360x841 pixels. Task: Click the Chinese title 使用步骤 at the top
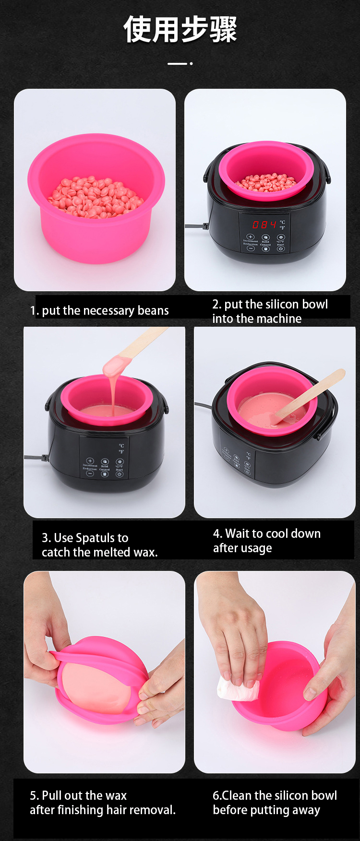click(180, 29)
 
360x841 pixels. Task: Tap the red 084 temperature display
click(264, 225)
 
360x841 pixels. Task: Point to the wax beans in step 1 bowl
click(96, 197)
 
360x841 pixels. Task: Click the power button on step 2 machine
click(281, 249)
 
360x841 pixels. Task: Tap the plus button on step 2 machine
click(250, 237)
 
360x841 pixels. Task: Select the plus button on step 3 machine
click(90, 461)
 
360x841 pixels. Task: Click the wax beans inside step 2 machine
click(267, 183)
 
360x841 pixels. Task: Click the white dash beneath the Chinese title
click(177, 63)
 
